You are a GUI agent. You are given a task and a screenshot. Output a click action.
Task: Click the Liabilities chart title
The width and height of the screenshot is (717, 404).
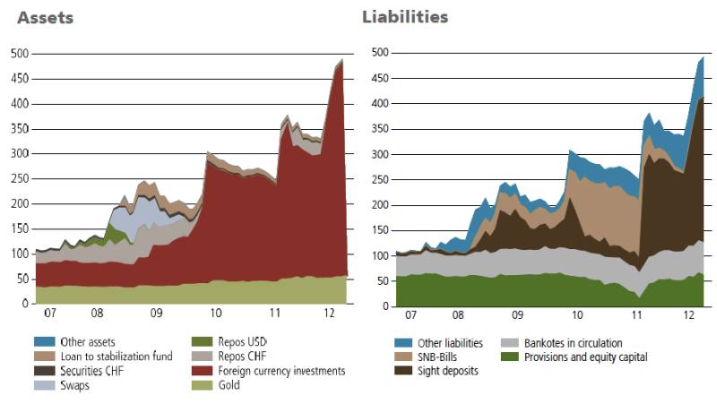click(405, 17)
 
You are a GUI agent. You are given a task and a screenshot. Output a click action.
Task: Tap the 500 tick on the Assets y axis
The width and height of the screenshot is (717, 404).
click(19, 54)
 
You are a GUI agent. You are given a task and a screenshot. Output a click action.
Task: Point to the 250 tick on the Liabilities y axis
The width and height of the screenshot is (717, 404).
click(379, 180)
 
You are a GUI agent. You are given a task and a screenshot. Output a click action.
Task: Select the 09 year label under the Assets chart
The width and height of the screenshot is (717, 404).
click(156, 315)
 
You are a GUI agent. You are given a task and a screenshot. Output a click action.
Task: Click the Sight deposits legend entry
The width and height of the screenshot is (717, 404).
click(448, 371)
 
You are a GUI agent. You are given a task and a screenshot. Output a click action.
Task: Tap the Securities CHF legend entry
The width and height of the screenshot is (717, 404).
click(94, 371)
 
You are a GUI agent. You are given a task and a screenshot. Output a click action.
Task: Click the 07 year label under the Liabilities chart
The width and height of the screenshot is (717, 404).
click(411, 315)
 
